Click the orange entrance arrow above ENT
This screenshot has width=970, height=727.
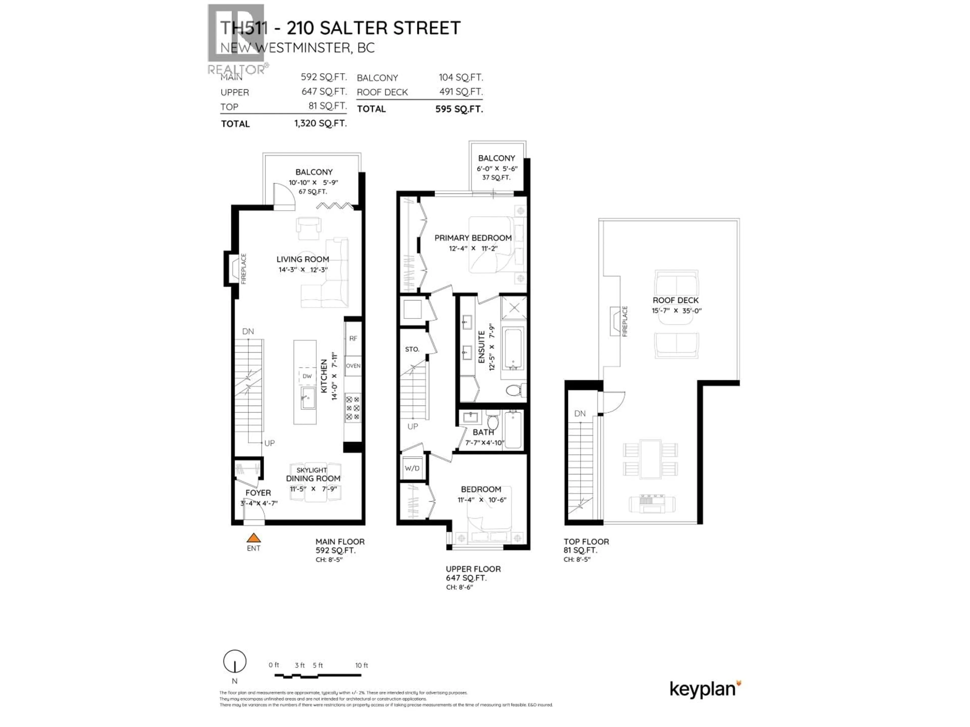[253, 538]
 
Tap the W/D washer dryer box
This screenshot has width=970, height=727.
[412, 468]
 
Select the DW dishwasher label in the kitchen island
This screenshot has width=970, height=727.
[307, 376]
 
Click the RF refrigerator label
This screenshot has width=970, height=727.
[353, 338]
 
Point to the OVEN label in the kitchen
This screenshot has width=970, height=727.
[353, 366]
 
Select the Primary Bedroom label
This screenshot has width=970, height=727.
[473, 238]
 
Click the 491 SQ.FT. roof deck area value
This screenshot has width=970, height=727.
[461, 92]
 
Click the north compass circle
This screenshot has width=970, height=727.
[235, 661]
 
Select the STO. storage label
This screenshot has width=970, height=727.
[412, 349]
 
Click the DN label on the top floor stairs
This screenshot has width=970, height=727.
[580, 413]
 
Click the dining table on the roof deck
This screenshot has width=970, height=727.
[650, 459]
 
